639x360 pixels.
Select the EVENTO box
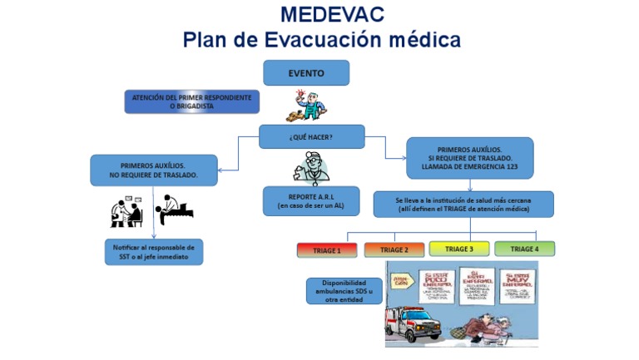click(306, 73)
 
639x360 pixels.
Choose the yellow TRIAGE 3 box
click(458, 249)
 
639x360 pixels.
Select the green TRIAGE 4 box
click(524, 249)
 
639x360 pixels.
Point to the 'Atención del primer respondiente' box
click(191, 102)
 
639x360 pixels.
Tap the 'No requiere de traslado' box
click(153, 170)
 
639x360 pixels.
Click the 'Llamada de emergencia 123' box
click(469, 158)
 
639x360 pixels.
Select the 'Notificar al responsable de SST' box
click(153, 252)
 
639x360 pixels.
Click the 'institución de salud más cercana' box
click(463, 205)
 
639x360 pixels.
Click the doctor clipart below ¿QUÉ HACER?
click(310, 166)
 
